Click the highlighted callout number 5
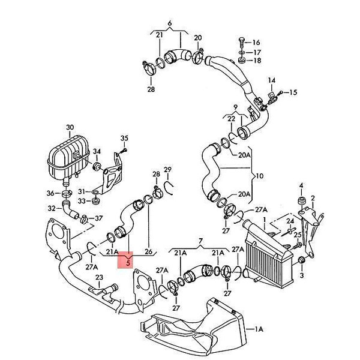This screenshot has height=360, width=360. [x=128, y=263]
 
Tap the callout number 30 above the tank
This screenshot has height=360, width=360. [x=70, y=127]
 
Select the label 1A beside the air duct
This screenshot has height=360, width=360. [x=259, y=329]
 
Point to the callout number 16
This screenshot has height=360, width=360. [x=256, y=43]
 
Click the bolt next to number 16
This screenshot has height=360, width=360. [x=241, y=43]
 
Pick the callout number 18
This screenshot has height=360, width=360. [x=257, y=61]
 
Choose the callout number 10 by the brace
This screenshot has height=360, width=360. [x=259, y=176]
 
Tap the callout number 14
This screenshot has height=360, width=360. [x=272, y=80]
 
